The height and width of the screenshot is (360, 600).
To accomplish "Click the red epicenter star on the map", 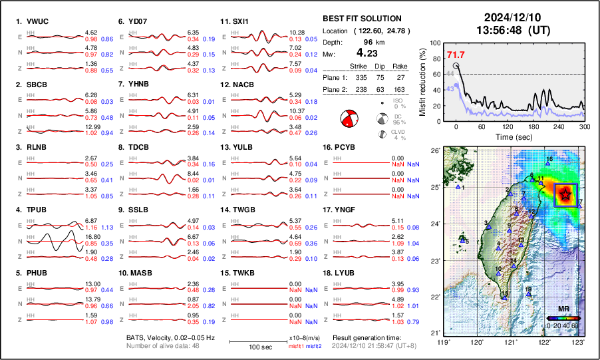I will [565, 194].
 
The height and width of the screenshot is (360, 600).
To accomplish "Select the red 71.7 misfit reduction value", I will [456, 55].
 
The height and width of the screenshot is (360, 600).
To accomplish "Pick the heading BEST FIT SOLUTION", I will [361, 19].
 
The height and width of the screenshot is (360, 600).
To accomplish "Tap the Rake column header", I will [399, 66].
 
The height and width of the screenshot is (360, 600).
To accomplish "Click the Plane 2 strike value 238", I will [357, 88].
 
